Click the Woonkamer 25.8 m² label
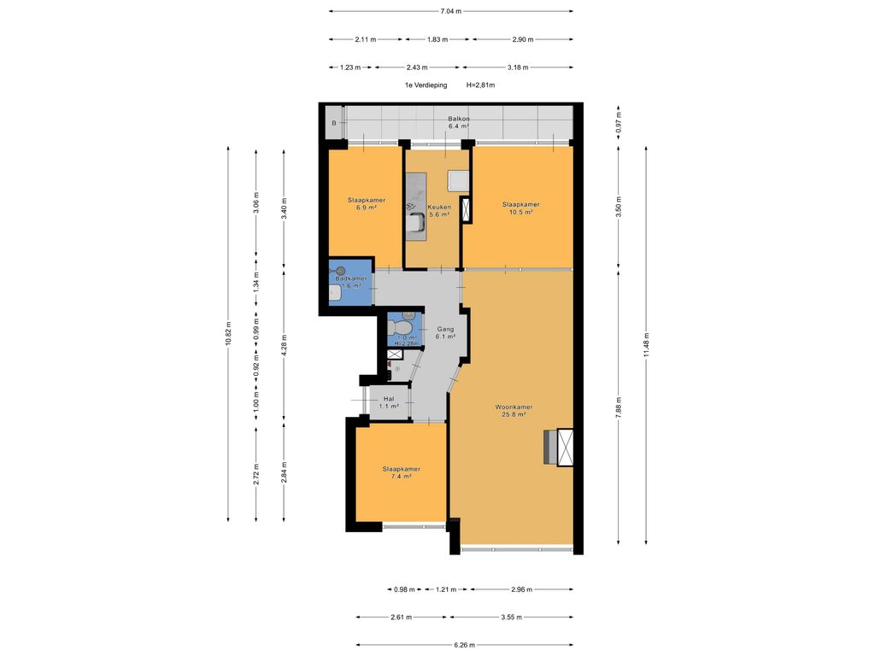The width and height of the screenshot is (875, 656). pyautogui.click(x=514, y=412)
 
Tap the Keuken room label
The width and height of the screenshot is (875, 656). pyautogui.click(x=438, y=210)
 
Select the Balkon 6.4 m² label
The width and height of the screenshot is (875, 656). pyautogui.click(x=458, y=123)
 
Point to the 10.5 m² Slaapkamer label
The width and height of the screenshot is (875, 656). pyautogui.click(x=520, y=208)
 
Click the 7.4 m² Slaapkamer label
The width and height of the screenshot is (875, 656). pyautogui.click(x=401, y=473)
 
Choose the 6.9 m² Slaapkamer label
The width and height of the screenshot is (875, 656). pyautogui.click(x=366, y=203)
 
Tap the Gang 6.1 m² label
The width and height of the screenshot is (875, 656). pyautogui.click(x=445, y=333)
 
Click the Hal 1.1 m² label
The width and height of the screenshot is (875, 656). pyautogui.click(x=389, y=402)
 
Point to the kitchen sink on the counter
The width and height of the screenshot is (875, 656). pyautogui.click(x=418, y=222)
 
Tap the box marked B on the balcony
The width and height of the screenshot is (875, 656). pyautogui.click(x=334, y=124)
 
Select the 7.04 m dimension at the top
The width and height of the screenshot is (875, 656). pyautogui.click(x=450, y=11)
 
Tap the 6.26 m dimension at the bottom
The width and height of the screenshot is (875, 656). pyautogui.click(x=465, y=645)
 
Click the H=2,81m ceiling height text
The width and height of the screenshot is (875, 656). pyautogui.click(x=481, y=85)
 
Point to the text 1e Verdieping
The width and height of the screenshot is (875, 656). pyautogui.click(x=426, y=85)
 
